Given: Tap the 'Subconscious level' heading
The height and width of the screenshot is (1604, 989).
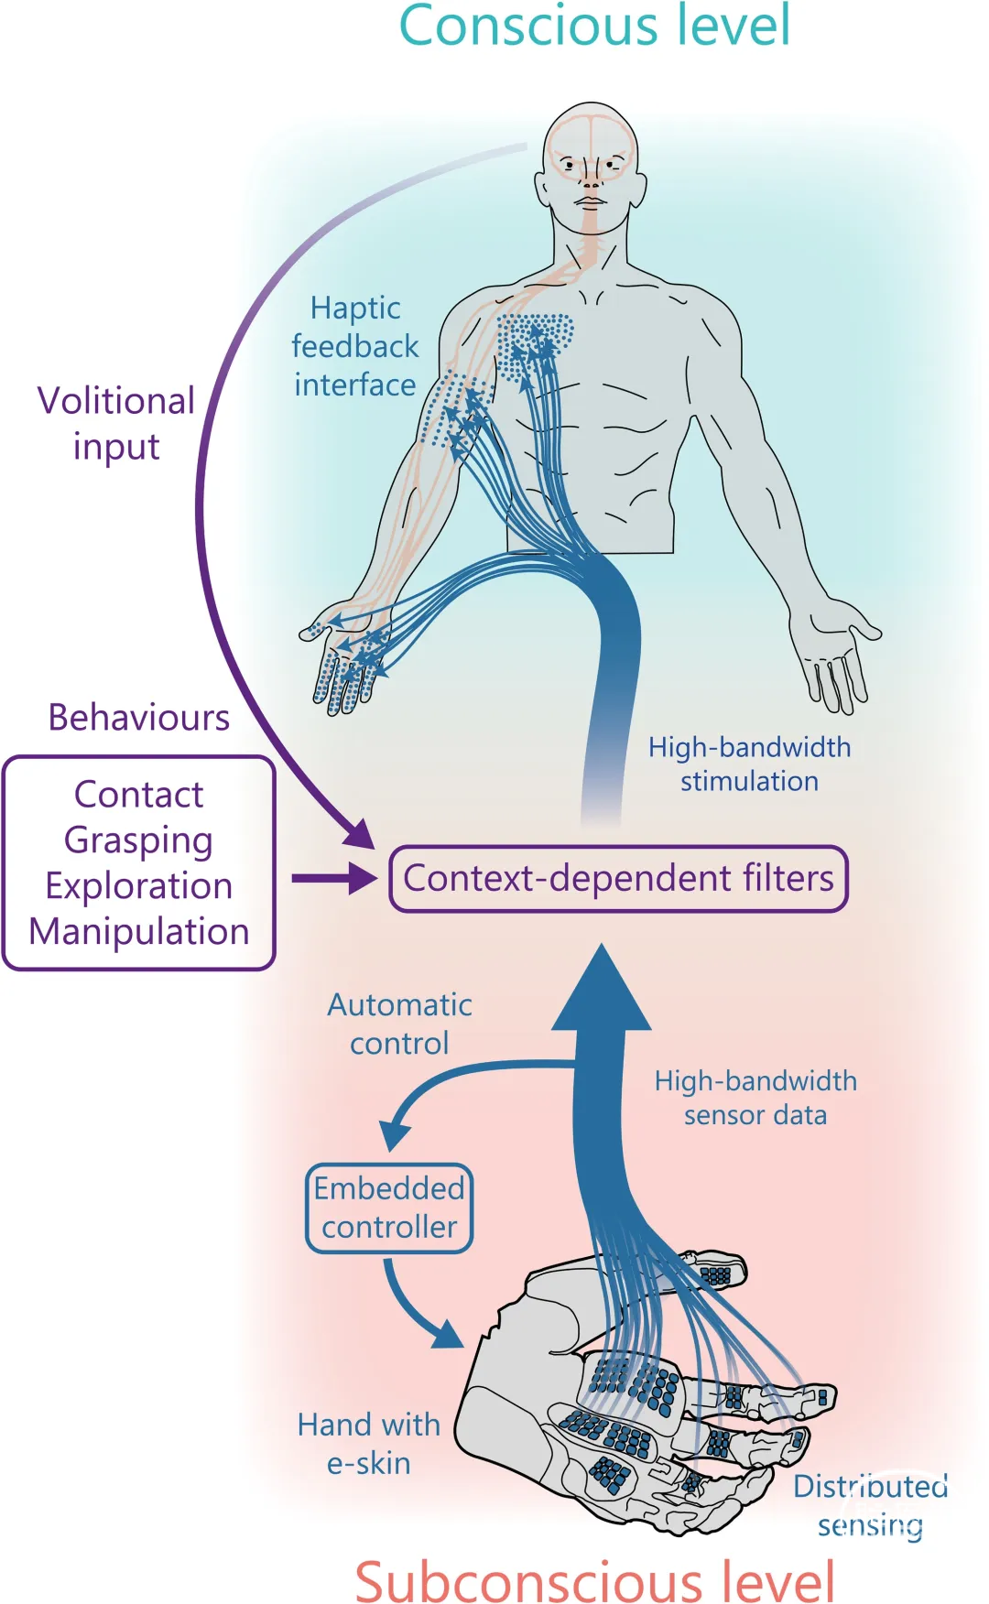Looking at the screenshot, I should [x=594, y=1580].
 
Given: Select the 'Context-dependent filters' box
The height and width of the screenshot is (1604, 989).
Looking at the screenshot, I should [x=618, y=879].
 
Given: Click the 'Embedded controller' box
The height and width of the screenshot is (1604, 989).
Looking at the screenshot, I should [x=389, y=1208].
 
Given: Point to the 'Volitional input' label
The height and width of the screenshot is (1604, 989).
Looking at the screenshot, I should [x=116, y=423].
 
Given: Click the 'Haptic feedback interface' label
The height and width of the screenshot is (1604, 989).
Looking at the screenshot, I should [x=355, y=346].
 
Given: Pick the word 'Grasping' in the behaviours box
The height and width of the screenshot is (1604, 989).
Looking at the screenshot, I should [x=138, y=840].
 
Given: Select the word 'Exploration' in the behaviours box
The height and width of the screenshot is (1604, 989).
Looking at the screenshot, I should [x=138, y=886].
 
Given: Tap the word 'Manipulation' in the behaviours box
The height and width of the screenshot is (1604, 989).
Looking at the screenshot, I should [x=138, y=932].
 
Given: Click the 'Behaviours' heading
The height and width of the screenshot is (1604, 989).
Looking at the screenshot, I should [x=138, y=718].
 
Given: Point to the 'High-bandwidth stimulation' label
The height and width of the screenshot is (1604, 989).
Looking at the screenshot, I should [x=749, y=764].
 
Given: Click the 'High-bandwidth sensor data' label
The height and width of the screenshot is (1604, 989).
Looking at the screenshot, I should [x=755, y=1097].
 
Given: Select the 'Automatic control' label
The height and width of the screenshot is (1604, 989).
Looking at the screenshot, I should [x=400, y=1024].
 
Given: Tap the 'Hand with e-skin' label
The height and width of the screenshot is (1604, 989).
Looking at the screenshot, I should [x=369, y=1443].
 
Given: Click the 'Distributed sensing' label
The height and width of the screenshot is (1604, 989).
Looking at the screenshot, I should [x=870, y=1505].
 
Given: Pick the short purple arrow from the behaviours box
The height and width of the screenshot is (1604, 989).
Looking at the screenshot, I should [x=333, y=878].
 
